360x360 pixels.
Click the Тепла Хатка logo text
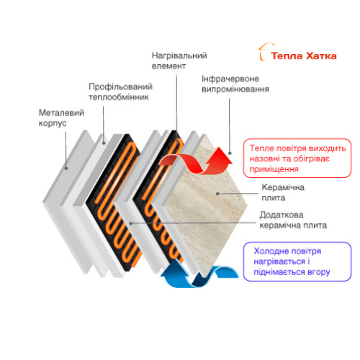(304, 56)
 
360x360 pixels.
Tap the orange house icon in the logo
(265, 52)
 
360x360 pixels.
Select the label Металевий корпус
(61, 118)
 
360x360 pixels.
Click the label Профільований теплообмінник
(120, 91)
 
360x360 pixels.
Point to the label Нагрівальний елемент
(179, 60)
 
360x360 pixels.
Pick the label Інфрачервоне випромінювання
(235, 84)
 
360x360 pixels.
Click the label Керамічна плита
(283, 192)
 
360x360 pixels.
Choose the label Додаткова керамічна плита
(293, 220)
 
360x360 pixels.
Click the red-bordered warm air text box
(297, 158)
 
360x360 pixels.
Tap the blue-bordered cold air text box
(297, 261)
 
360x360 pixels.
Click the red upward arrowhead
(219, 156)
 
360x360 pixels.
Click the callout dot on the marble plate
(217, 194)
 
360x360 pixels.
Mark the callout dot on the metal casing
(66, 168)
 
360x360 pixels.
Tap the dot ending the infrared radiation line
(230, 153)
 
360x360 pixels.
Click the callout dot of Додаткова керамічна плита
(131, 223)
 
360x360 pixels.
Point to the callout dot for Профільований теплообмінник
(104, 143)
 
